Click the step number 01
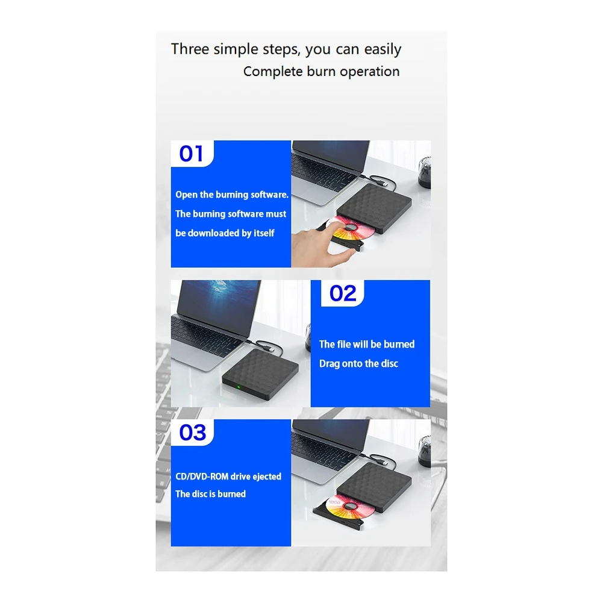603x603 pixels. [192, 154]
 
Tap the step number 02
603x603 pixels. [343, 293]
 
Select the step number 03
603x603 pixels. [192, 433]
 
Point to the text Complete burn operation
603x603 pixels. [321, 71]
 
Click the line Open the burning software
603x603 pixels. [232, 195]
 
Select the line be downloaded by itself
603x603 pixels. [225, 233]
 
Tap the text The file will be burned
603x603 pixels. [366, 344]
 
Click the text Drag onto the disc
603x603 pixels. [358, 364]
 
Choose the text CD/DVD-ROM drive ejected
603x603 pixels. [228, 476]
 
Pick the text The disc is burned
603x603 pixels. [210, 494]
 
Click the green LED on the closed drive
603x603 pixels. [238, 387]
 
